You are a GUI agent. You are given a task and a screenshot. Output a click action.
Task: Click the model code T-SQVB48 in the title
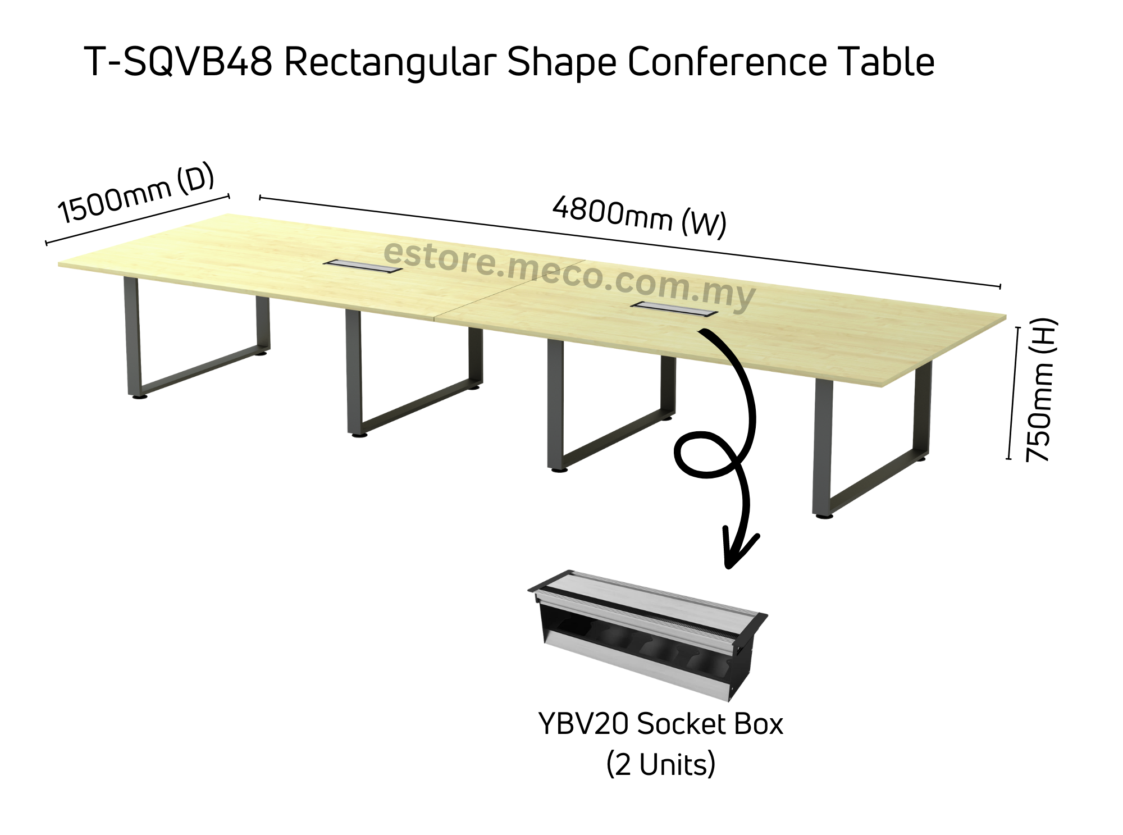click(x=179, y=62)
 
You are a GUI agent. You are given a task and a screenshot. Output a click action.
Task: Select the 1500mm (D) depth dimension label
click(x=136, y=193)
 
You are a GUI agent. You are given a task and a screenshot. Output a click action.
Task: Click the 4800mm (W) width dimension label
click(x=639, y=216)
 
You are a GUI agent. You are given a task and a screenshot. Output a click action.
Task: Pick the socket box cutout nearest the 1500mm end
click(x=363, y=266)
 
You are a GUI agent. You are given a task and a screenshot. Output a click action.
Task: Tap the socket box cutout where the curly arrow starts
click(x=674, y=309)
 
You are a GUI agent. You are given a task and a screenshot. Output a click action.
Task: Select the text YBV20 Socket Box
click(x=660, y=724)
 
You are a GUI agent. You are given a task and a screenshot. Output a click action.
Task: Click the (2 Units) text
click(x=660, y=765)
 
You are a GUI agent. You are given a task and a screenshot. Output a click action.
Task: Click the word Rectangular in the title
click(x=390, y=62)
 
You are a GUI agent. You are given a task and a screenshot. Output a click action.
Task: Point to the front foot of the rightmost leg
click(x=823, y=515)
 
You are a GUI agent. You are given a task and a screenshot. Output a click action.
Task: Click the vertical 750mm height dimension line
click(x=1013, y=393)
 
